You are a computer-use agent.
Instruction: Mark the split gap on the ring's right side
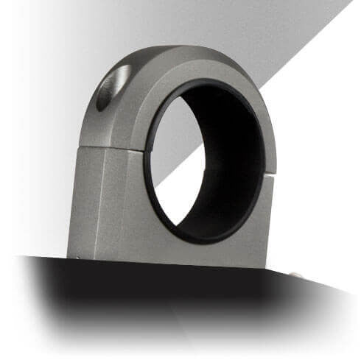point(271,174)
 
